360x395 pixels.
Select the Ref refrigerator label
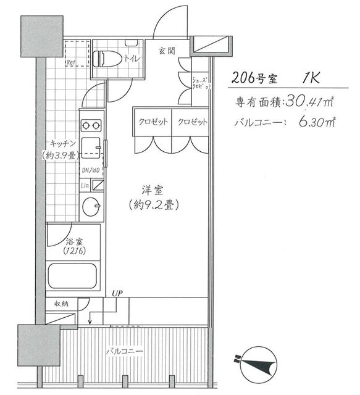71,62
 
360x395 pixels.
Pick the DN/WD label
91,171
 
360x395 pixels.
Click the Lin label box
85,185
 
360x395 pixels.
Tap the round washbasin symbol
92,206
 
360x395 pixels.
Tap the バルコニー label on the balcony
123,351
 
